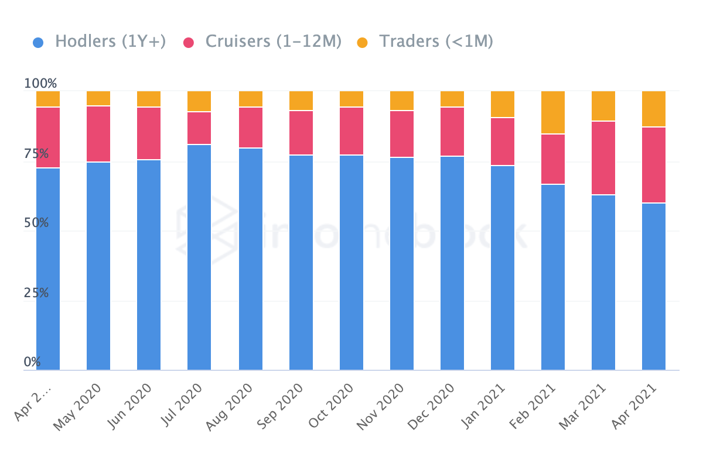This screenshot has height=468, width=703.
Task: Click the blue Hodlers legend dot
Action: point(38,42)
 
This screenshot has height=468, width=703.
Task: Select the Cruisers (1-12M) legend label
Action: point(273,42)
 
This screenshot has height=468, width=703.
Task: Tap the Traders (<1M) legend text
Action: point(436,42)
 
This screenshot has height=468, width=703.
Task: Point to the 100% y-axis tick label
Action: point(40,84)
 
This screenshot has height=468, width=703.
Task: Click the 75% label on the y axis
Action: point(36,154)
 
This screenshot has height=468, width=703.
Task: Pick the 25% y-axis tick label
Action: point(36,292)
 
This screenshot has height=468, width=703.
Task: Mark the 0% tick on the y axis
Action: point(32,362)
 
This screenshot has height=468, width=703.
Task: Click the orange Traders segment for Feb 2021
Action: point(553,112)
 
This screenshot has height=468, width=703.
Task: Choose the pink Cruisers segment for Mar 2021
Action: point(603,158)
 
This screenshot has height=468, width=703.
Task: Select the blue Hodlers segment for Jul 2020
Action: point(199,257)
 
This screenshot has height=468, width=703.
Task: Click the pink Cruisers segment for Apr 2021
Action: point(654,165)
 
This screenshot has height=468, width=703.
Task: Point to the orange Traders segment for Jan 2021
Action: point(503,104)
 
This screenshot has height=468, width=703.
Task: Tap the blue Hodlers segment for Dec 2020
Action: point(452,263)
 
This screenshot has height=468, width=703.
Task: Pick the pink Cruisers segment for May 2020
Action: point(98,134)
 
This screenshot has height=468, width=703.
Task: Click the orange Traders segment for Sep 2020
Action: point(301,101)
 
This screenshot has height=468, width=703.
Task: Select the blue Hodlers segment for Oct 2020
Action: point(351,263)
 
